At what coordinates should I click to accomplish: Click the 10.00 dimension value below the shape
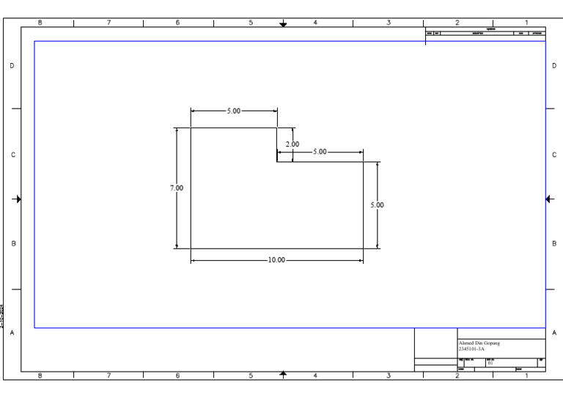pyautogui.click(x=276, y=260)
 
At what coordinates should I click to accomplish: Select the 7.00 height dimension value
pyautogui.click(x=177, y=188)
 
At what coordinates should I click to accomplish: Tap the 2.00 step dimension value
pyautogui.click(x=292, y=144)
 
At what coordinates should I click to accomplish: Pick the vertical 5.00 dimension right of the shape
pyautogui.click(x=377, y=205)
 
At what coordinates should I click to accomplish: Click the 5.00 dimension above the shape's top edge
pyautogui.click(x=232, y=111)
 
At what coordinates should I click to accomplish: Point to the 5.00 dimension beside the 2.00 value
pyautogui.click(x=320, y=152)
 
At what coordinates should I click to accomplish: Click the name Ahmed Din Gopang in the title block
pyautogui.click(x=479, y=342)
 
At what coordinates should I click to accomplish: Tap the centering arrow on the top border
pyautogui.click(x=284, y=23)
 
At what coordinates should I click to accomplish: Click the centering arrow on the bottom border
pyautogui.click(x=284, y=375)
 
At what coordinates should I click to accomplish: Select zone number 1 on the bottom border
pyautogui.click(x=526, y=376)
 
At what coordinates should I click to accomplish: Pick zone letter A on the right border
pyautogui.click(x=554, y=332)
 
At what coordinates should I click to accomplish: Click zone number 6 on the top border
pyautogui.click(x=177, y=23)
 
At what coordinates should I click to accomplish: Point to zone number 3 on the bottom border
pyautogui.click(x=388, y=376)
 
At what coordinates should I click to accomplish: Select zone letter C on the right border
pyautogui.click(x=554, y=155)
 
